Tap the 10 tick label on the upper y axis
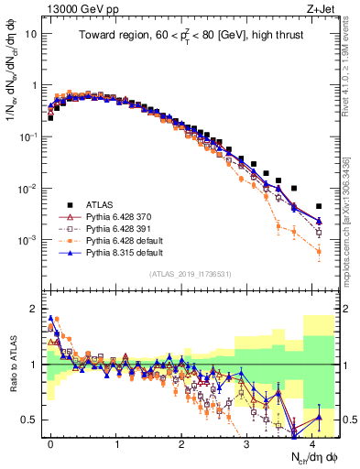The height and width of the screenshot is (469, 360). click(32, 34)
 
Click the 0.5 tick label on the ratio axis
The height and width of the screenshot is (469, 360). click(30, 420)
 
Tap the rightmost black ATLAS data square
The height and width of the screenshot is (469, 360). click(318, 207)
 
